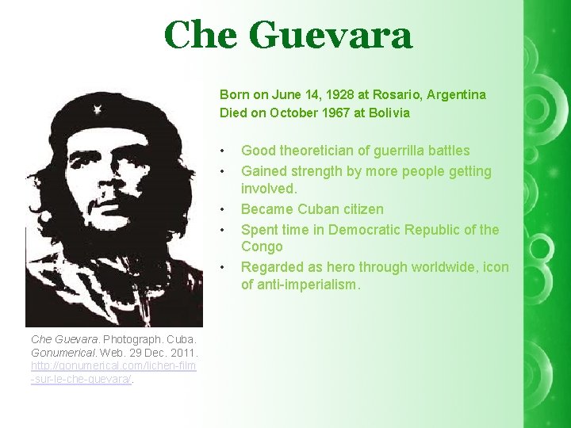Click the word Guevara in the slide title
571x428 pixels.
pyautogui.click(x=331, y=36)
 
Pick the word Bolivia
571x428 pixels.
pyautogui.click(x=386, y=113)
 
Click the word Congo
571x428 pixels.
pyautogui.click(x=262, y=247)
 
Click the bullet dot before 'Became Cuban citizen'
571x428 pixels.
pyautogui.click(x=225, y=210)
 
